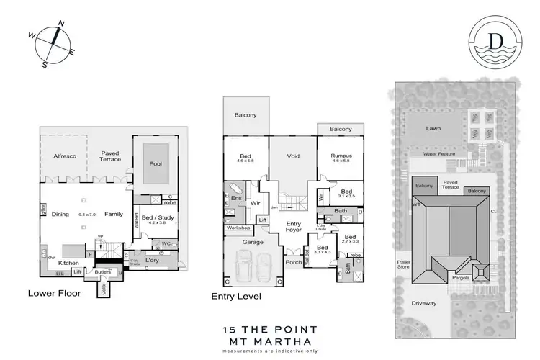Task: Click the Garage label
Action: point(253,242)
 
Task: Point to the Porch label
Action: point(293,262)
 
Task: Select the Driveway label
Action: point(425,303)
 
